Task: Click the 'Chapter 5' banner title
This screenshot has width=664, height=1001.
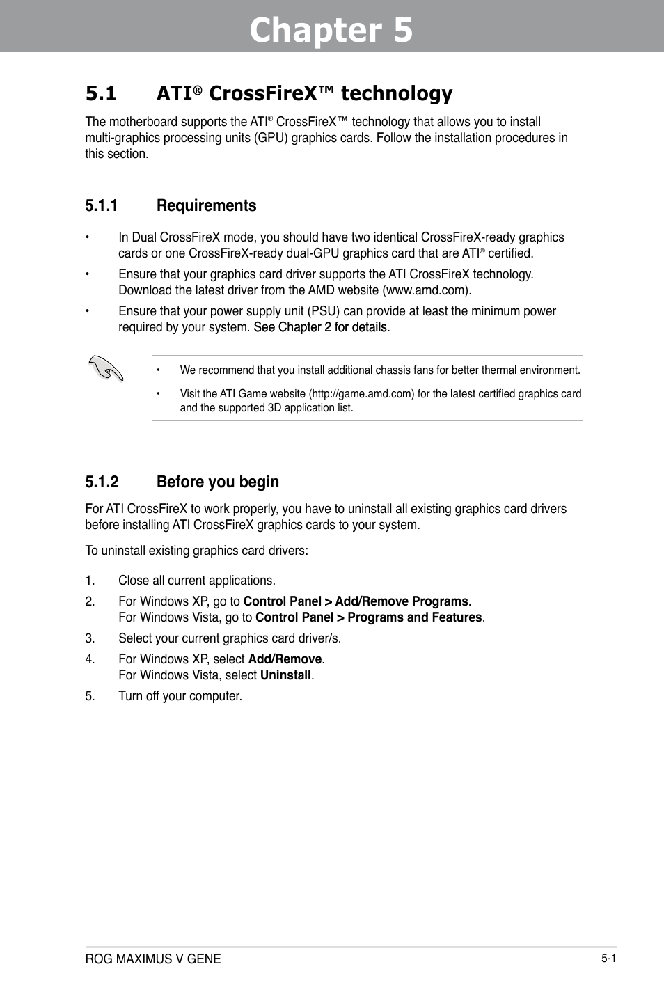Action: tap(331, 31)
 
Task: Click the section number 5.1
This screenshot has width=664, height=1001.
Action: tap(101, 93)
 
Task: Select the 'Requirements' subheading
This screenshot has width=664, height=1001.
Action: tap(206, 205)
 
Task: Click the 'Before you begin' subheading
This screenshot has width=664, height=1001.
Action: tap(217, 482)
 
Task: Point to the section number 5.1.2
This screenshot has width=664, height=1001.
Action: tap(102, 482)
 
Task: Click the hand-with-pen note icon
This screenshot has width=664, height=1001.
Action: tap(106, 368)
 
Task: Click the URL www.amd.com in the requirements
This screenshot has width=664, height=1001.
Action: tap(426, 290)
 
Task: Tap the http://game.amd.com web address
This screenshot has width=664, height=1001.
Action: tap(362, 393)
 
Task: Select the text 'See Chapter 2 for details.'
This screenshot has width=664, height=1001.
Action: tap(322, 327)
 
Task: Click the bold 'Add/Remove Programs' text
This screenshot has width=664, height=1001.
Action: tap(402, 601)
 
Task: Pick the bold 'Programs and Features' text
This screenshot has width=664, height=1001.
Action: tap(414, 617)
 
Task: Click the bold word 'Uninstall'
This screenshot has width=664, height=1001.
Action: tap(285, 675)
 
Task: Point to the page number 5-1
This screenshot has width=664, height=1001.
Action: tap(608, 958)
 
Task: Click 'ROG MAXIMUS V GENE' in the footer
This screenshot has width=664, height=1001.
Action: tap(153, 959)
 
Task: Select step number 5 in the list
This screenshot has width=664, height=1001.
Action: tap(89, 696)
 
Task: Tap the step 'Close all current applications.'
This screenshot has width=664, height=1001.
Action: tap(197, 581)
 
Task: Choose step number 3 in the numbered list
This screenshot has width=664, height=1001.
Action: tap(89, 638)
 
